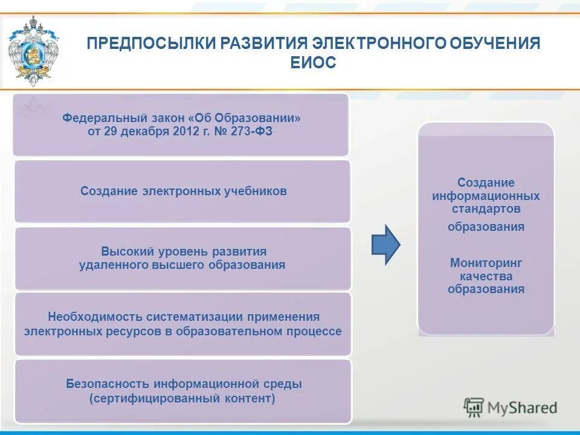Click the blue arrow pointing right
click(385, 245)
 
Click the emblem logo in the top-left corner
click(33, 51)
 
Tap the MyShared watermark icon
click(474, 408)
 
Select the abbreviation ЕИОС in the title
click(312, 63)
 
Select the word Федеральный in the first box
click(98, 118)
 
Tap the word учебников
click(257, 191)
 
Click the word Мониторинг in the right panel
click(486, 263)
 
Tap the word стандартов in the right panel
click(486, 209)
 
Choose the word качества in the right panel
click(486, 276)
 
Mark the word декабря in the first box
click(140, 131)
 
